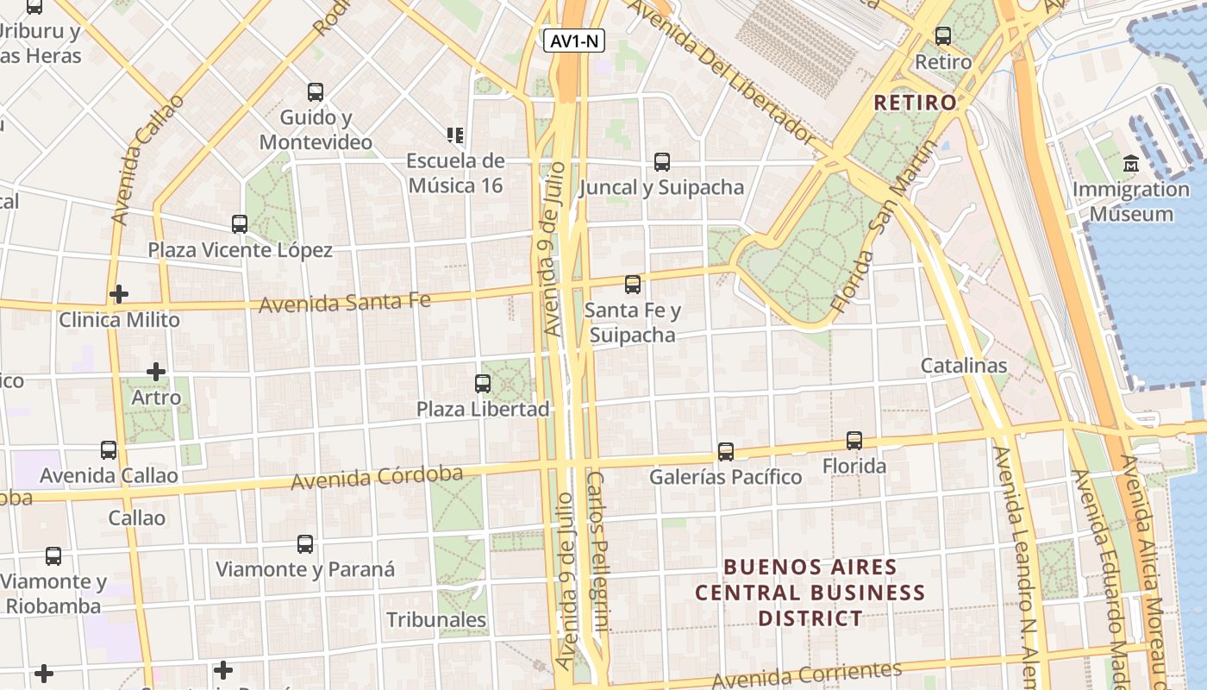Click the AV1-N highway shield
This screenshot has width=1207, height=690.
(x=574, y=41)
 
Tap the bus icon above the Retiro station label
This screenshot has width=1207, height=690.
(x=943, y=36)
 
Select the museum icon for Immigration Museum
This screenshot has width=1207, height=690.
(x=1130, y=163)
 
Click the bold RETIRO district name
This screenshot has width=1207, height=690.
(x=915, y=103)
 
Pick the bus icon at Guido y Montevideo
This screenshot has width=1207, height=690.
(x=316, y=91)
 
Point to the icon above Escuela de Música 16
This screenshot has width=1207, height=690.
(x=454, y=135)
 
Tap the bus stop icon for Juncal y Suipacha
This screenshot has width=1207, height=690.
(x=661, y=161)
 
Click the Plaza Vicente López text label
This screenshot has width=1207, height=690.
(x=240, y=250)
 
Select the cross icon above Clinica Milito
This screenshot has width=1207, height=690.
(x=119, y=294)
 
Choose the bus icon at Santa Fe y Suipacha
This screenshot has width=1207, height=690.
(x=633, y=284)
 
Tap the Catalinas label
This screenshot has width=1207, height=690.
(x=963, y=365)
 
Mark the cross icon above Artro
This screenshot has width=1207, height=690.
(x=156, y=372)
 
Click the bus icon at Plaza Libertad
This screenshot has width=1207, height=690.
(x=483, y=383)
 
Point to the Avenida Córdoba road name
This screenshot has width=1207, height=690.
(x=377, y=477)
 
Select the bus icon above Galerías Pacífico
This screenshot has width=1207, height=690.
(x=725, y=451)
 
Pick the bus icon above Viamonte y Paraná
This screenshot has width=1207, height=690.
(x=305, y=543)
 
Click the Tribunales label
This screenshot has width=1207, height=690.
(x=436, y=619)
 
